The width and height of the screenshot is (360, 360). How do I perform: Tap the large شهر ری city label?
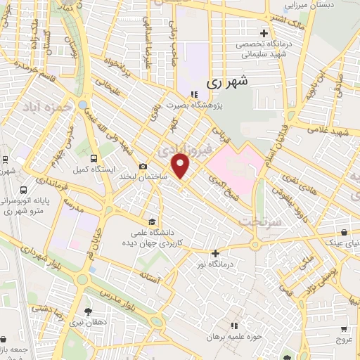[228, 82]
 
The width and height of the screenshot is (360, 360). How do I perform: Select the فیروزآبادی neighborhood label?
[176, 150]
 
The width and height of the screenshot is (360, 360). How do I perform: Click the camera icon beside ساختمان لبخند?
[143, 167]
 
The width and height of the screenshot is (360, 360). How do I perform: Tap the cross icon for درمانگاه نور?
[215, 253]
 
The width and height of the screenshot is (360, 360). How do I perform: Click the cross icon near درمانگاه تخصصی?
[264, 32]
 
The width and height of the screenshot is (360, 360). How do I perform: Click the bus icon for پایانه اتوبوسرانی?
[25, 190]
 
